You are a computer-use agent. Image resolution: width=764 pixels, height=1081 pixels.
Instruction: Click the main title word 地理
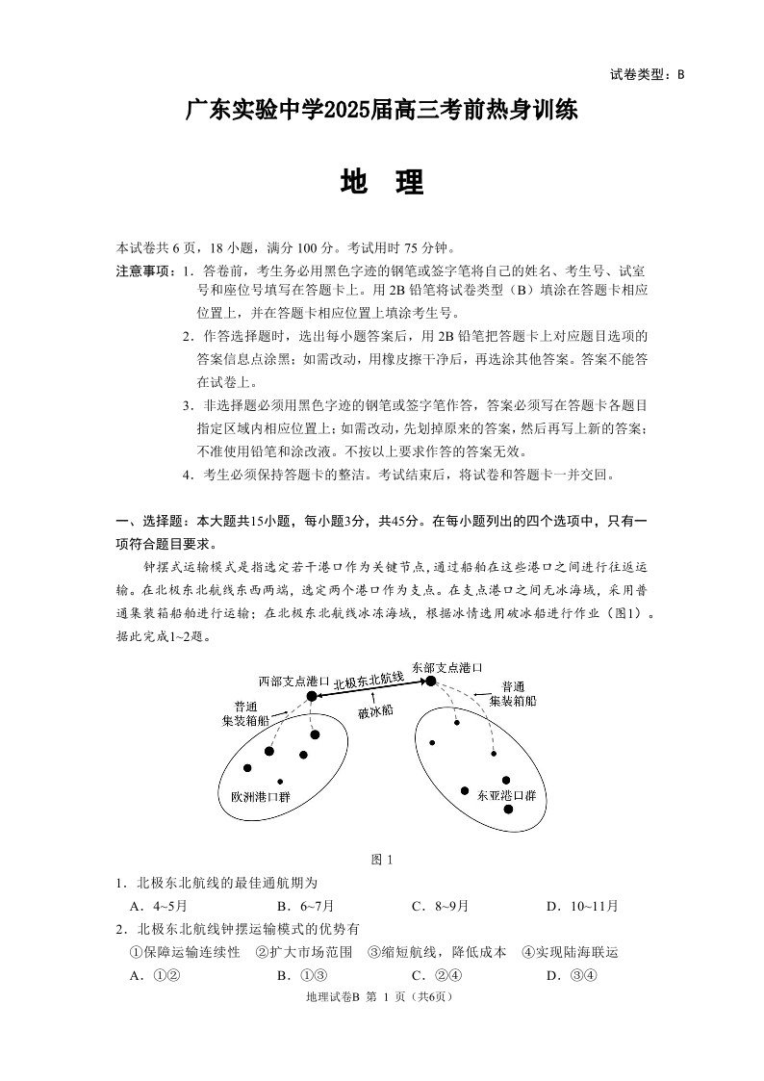(381, 182)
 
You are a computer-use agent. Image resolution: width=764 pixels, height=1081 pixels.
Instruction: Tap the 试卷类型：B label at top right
(646, 74)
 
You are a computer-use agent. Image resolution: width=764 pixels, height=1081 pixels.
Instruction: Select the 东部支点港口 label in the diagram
(446, 666)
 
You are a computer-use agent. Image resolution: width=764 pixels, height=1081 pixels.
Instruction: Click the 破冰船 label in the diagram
(374, 712)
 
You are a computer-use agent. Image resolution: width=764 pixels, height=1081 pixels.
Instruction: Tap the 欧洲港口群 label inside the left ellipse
(260, 797)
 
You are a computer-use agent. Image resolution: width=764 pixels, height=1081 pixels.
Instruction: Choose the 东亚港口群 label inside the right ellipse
(506, 795)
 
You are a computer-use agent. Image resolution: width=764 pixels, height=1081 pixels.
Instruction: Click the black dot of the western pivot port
(312, 695)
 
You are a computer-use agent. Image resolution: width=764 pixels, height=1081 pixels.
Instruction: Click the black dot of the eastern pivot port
(431, 681)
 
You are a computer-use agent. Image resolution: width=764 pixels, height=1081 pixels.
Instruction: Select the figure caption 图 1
(382, 860)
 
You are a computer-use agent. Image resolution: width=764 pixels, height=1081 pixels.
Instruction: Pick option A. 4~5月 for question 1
(158, 906)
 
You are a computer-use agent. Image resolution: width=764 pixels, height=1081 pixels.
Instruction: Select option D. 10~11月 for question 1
(582, 906)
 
